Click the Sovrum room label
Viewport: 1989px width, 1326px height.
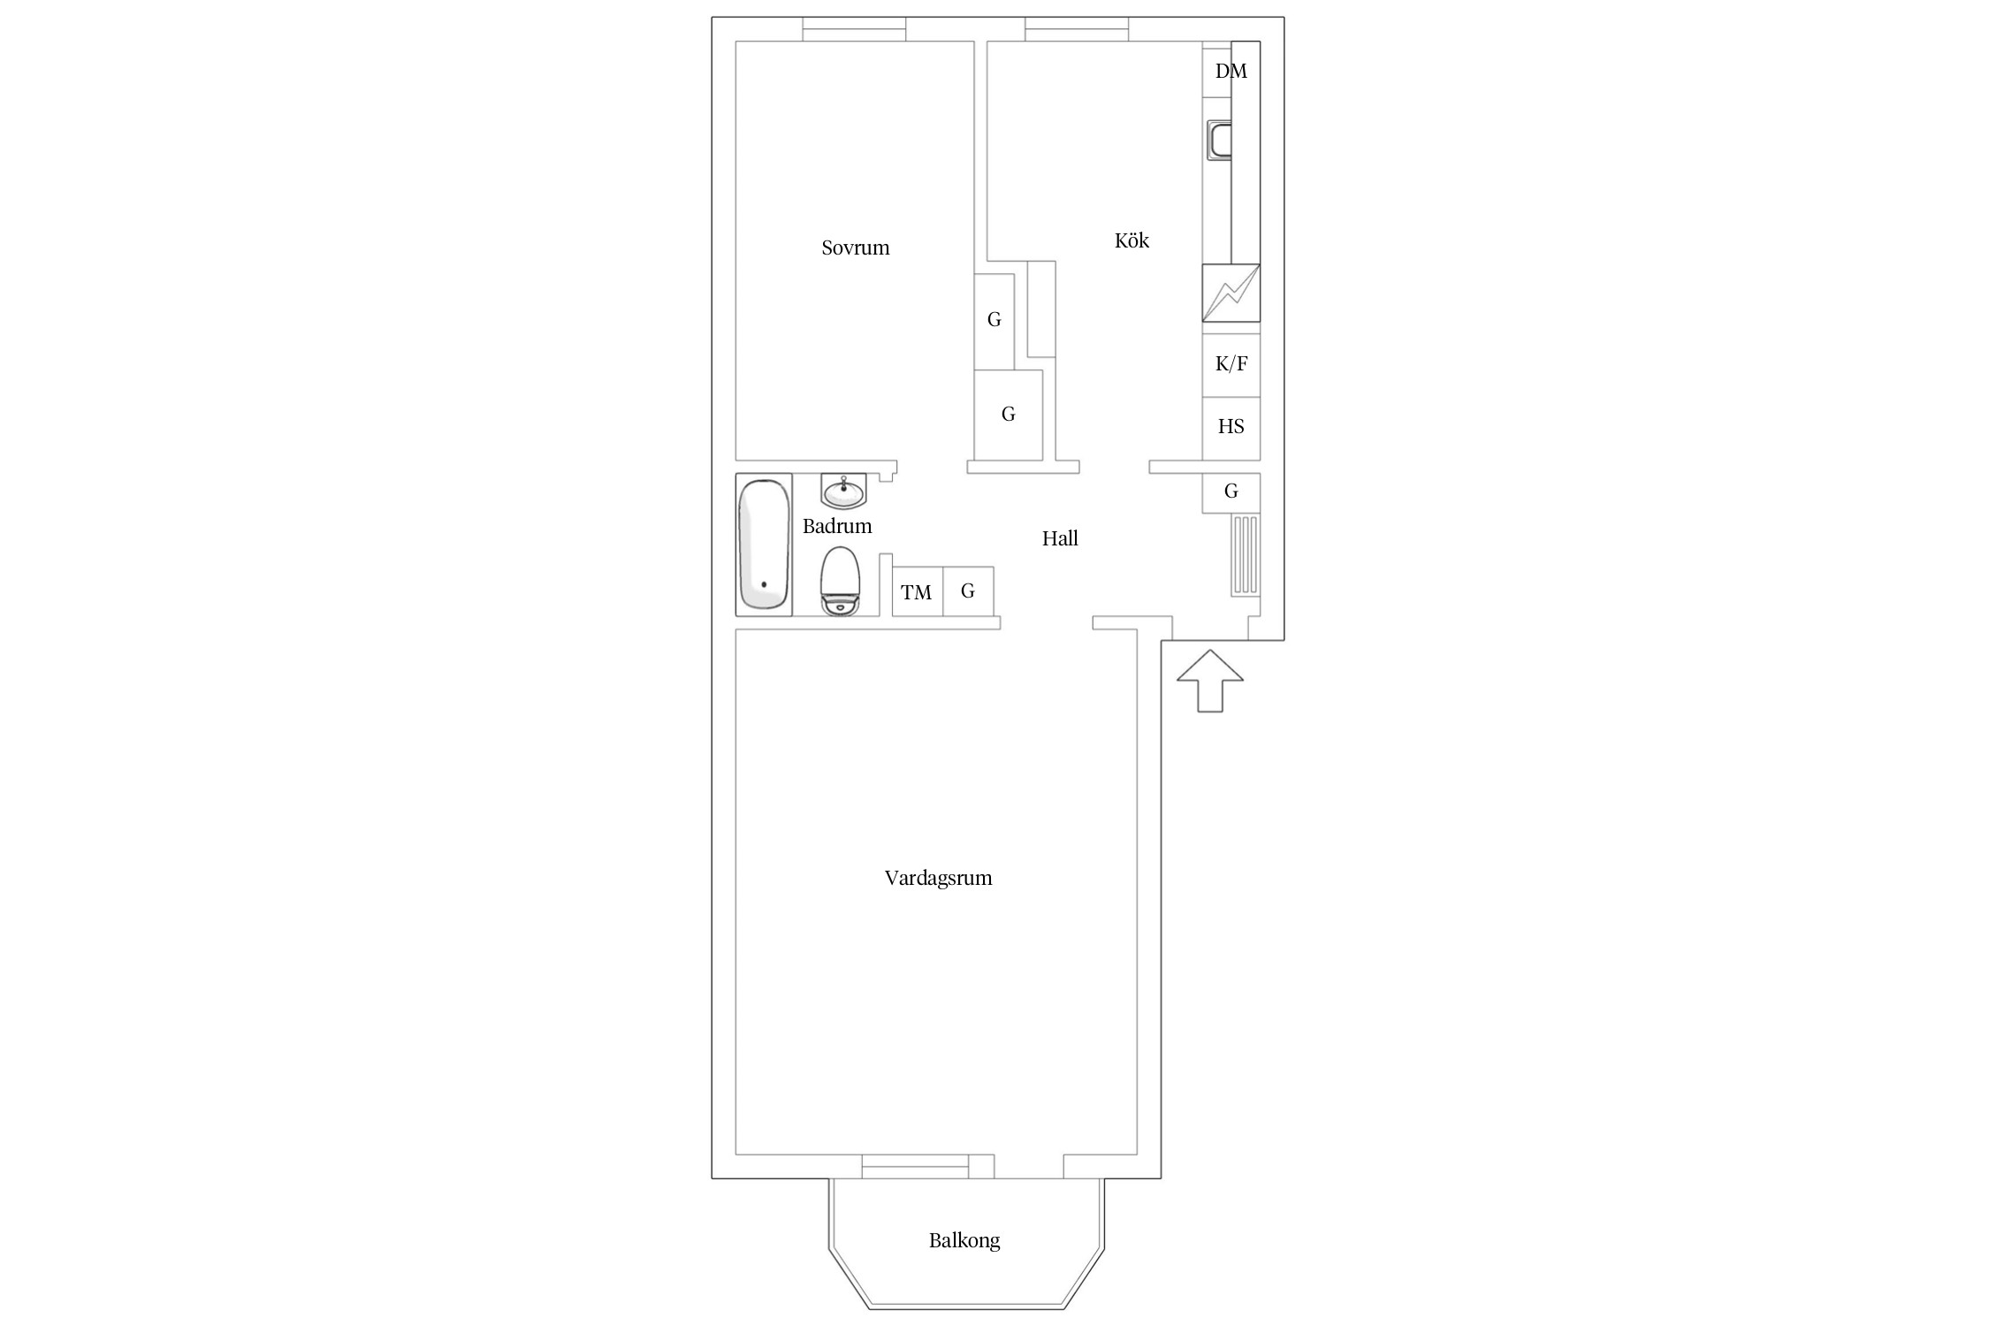pyautogui.click(x=855, y=248)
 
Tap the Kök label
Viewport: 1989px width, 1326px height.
pyautogui.click(x=1132, y=240)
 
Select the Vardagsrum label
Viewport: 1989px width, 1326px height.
pyautogui.click(x=938, y=878)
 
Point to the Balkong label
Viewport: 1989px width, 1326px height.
pyautogui.click(x=964, y=1240)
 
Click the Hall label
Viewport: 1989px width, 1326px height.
pyautogui.click(x=1060, y=538)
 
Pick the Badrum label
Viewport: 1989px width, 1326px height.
pyautogui.click(x=837, y=526)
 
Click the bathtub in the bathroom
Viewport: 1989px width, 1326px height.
pyautogui.click(x=764, y=545)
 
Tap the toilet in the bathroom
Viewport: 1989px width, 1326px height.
pyautogui.click(x=840, y=581)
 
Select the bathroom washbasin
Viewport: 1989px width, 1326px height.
pyautogui.click(x=843, y=491)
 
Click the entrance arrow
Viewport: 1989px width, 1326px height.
pyautogui.click(x=1210, y=681)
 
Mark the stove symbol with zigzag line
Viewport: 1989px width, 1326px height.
pyautogui.click(x=1231, y=293)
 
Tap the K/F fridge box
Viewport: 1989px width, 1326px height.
pyautogui.click(x=1231, y=364)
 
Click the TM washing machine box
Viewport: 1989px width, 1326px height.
pyautogui.click(x=917, y=591)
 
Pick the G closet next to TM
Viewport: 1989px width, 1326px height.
pyautogui.click(x=968, y=591)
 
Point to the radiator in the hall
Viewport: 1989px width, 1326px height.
pyautogui.click(x=1245, y=554)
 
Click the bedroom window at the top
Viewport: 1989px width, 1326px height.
pyautogui.click(x=854, y=29)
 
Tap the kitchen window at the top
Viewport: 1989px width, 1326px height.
pyautogui.click(x=1077, y=29)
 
